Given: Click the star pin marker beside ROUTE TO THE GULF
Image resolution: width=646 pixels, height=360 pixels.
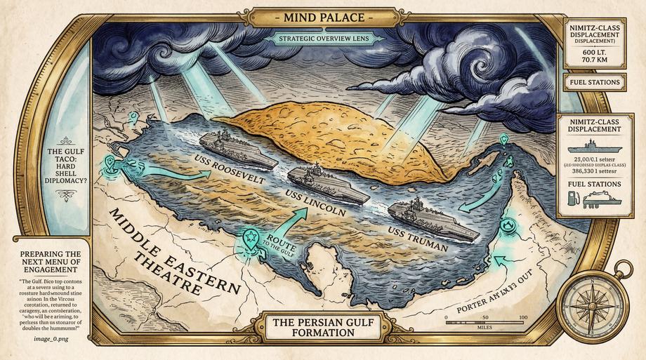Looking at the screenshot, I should [250, 239].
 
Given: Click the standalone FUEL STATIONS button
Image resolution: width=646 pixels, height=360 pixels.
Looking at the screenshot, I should [595, 82].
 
